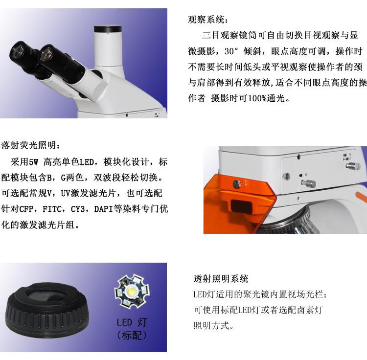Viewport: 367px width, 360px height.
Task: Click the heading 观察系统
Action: point(207,20)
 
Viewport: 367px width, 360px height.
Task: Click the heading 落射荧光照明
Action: point(31,145)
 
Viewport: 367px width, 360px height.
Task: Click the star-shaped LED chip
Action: point(132,292)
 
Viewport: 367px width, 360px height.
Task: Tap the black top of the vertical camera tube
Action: point(108,29)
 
